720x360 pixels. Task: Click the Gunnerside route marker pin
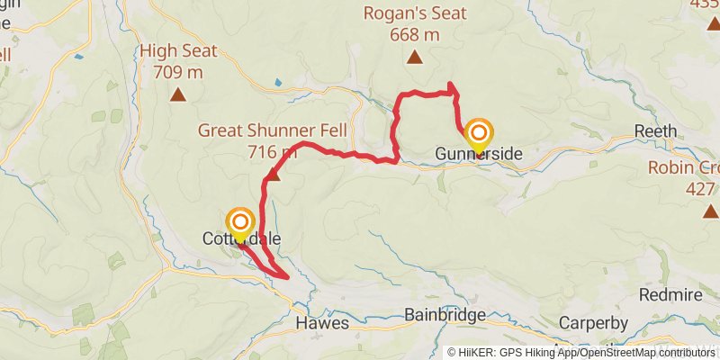(478, 133)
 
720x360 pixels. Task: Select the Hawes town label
(321, 322)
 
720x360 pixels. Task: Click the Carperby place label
(591, 322)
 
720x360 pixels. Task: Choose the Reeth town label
(655, 131)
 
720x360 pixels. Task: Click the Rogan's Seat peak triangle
(414, 58)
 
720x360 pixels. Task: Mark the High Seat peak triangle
(178, 93)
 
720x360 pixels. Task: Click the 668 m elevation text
(414, 35)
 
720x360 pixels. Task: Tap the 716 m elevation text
(272, 152)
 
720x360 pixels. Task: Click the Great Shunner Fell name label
(272, 131)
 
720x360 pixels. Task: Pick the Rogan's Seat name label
(414, 13)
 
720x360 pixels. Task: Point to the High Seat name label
(178, 50)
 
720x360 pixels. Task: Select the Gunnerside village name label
(478, 155)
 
